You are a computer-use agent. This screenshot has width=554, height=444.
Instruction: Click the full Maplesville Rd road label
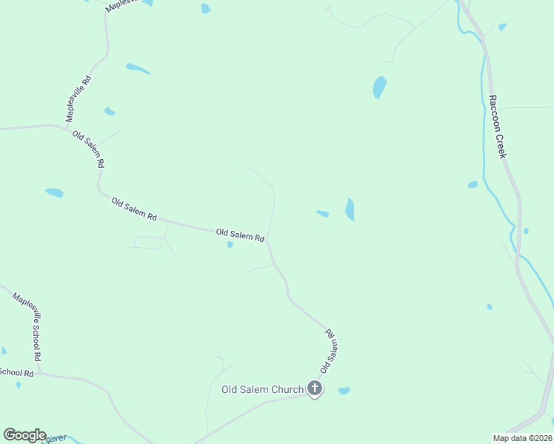coord(78,98)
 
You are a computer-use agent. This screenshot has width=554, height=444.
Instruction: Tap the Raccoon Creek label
coord(496,126)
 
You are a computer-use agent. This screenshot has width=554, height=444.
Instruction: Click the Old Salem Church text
coord(262,389)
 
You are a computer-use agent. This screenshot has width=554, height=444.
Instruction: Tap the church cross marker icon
coord(315,388)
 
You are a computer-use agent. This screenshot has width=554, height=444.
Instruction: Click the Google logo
coord(24,435)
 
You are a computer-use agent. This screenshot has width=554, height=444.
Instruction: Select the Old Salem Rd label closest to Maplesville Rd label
coord(88,148)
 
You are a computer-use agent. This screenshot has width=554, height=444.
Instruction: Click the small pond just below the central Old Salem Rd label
coord(230,245)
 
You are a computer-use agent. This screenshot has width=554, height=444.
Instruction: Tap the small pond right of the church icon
coord(344,391)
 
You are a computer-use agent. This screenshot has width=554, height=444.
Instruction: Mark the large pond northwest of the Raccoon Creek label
coord(380,87)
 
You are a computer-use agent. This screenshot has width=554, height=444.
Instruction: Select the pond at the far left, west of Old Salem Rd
coord(54,193)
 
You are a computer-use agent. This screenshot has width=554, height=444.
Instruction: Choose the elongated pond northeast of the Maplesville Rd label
coord(138,69)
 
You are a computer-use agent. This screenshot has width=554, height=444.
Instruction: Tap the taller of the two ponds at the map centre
coord(350,209)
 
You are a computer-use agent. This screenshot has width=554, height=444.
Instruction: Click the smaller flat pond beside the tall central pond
coord(323,214)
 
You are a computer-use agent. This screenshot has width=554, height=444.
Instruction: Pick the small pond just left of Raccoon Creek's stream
coord(473,184)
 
